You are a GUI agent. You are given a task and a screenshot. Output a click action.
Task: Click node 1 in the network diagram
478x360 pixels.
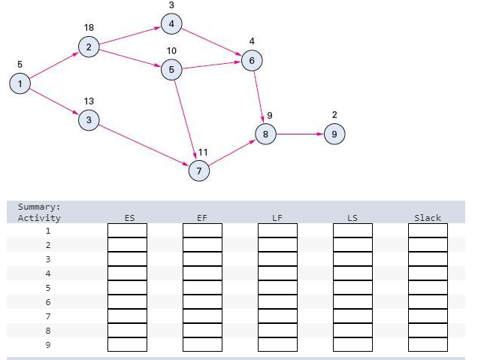coord(20,83)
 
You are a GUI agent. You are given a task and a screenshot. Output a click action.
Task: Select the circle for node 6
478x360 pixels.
coord(252,60)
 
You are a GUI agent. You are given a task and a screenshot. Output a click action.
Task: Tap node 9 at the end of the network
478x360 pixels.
coord(334,135)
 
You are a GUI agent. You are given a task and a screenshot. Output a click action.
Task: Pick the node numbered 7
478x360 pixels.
coord(199,171)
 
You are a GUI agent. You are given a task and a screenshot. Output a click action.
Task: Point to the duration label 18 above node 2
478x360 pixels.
coord(89,28)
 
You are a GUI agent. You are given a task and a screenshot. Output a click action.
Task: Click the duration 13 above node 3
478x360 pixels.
coord(89,101)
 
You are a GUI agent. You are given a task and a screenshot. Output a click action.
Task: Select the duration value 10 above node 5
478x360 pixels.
coord(171,51)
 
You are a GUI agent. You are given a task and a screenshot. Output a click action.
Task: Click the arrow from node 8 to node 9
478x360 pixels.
coord(300,135)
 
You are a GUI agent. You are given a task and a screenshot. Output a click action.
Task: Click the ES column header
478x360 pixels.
coord(129,218)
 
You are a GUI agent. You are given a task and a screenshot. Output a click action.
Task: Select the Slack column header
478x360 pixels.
coord(428,218)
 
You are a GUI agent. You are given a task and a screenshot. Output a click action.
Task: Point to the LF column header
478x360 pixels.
coord(277,218)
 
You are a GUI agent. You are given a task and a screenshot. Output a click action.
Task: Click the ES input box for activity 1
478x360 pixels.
coord(127,231)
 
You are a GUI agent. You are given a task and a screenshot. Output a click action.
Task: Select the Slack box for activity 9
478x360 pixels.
coord(428,345)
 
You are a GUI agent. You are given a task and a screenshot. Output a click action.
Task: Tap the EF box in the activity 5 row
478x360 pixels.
coord(202,288)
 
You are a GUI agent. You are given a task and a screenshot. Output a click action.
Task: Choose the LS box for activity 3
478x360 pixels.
coord(352,259)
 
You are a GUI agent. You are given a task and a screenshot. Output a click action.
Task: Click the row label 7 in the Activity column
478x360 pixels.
coord(47,316)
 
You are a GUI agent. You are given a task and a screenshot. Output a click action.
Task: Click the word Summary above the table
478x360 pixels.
coord(39,207)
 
